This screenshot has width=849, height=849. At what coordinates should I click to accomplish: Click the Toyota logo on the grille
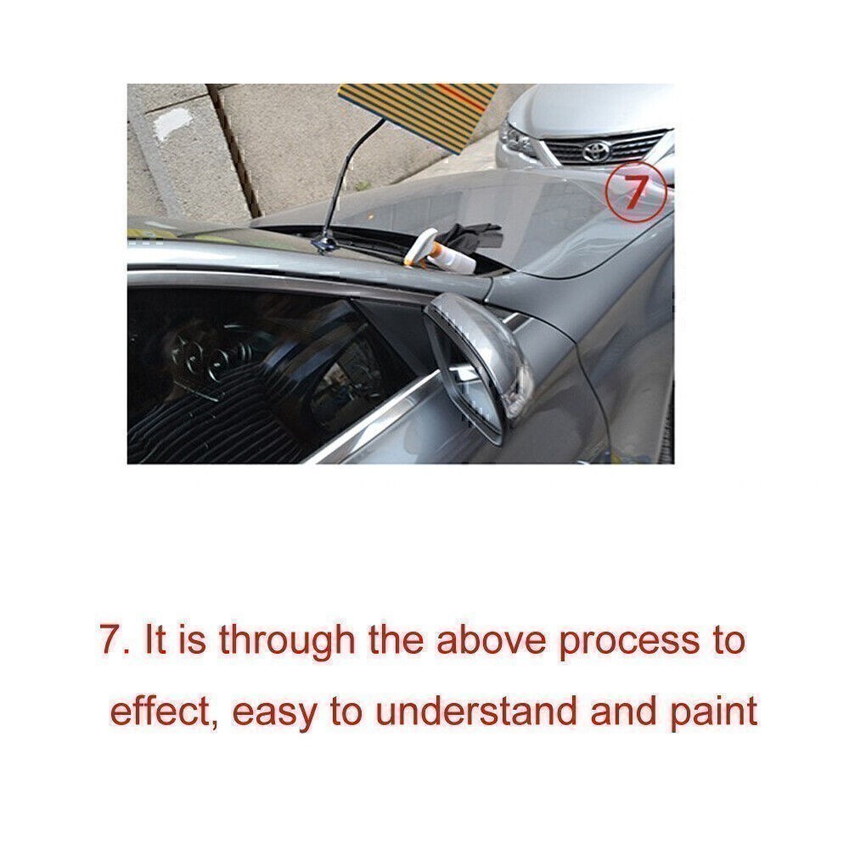click(596, 152)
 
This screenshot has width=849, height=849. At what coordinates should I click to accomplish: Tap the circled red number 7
click(636, 192)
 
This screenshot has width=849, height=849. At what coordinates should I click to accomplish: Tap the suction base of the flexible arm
click(324, 243)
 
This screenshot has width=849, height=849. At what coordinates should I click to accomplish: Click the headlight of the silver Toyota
click(516, 140)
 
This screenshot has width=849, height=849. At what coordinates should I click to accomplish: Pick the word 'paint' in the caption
click(714, 712)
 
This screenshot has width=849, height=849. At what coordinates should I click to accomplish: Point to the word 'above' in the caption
click(491, 639)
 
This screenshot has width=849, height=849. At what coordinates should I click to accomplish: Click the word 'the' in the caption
click(396, 639)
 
